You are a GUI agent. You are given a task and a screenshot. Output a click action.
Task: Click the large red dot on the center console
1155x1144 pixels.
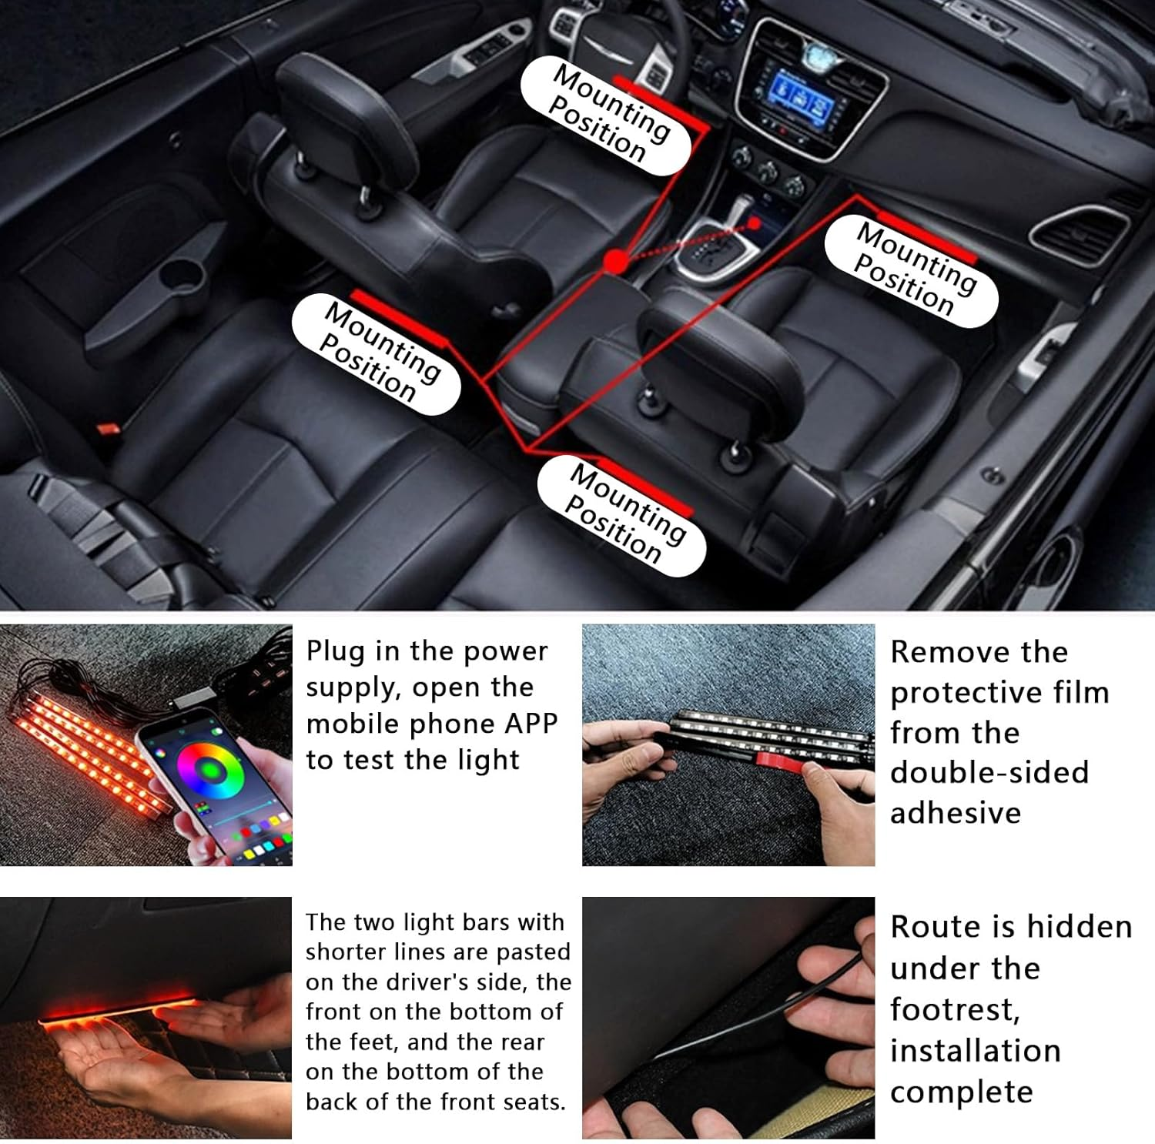[x=614, y=262]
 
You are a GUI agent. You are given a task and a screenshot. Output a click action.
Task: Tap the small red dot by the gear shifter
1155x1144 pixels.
[x=755, y=223]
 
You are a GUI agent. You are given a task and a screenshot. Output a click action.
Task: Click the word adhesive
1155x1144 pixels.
[x=955, y=813]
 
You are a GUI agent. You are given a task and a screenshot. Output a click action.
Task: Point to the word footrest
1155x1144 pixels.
[x=955, y=1009]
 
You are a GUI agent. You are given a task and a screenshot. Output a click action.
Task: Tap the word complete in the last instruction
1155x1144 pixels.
[x=961, y=1092]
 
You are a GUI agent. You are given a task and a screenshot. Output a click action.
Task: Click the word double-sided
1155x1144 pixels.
[x=989, y=772]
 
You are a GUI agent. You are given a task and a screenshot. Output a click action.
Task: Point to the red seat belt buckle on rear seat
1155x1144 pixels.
[x=107, y=426]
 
